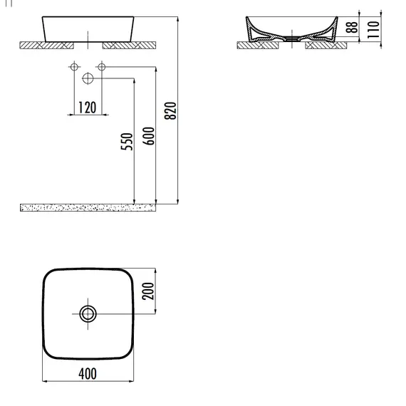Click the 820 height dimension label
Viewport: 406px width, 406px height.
tap(170, 111)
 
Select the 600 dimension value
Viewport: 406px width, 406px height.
tap(149, 136)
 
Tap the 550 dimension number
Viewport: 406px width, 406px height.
tap(127, 141)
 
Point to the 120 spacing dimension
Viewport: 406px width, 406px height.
tap(87, 108)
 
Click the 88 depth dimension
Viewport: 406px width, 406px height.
tap(352, 27)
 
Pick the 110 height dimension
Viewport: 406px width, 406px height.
tap(373, 30)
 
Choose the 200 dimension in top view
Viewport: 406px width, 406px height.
tap(148, 291)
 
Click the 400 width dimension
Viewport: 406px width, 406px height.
tap(88, 374)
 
